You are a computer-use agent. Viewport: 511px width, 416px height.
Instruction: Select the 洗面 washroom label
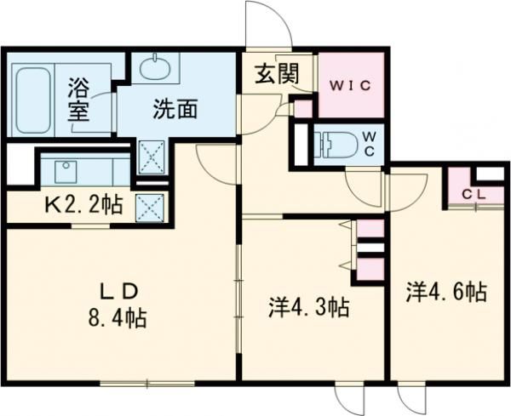point(176,109)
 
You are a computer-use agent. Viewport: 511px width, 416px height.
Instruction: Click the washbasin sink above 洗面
point(153,67)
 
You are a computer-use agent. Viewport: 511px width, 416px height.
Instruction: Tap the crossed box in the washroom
point(151,157)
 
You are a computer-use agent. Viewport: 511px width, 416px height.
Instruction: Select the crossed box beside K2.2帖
point(150,206)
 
